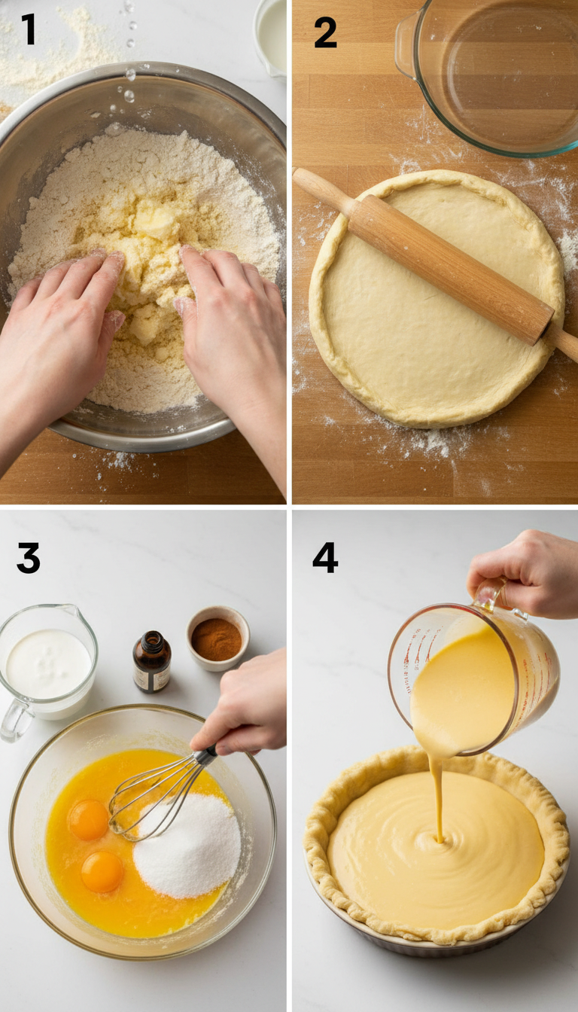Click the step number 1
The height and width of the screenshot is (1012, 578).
tap(29, 30)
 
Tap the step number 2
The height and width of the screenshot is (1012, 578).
tap(325, 32)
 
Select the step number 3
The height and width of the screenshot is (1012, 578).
tap(29, 558)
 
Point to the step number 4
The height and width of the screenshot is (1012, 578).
tap(325, 558)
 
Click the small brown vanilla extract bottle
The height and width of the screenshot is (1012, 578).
tap(152, 663)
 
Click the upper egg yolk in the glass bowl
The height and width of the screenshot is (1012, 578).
tap(89, 819)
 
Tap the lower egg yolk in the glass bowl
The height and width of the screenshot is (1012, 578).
tap(102, 872)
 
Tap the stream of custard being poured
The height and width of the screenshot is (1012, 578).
tap(436, 798)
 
